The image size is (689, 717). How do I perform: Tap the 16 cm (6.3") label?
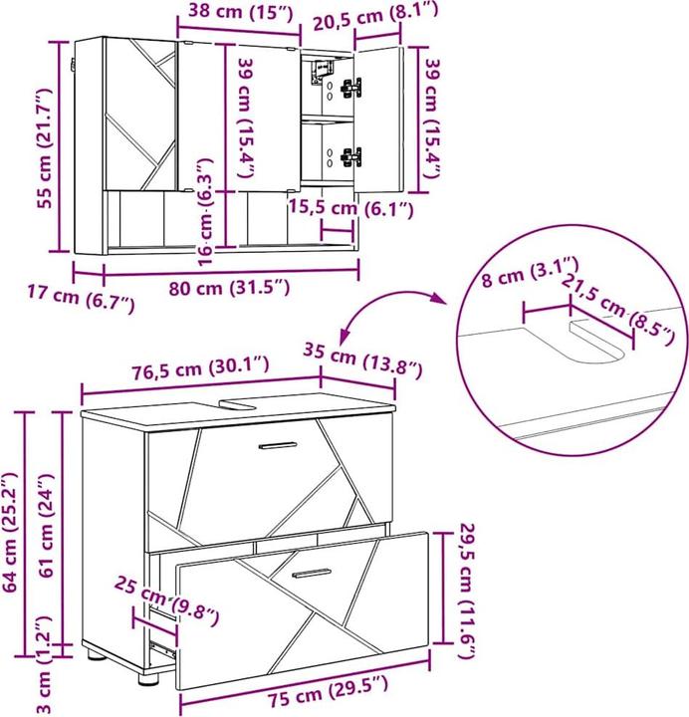click(x=206, y=210)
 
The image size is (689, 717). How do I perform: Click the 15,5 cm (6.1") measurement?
click(x=349, y=208)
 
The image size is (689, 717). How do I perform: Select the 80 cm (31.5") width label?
click(x=231, y=288)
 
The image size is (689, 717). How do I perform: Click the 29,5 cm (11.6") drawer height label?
click(x=467, y=590)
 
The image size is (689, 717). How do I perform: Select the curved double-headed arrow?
click(x=390, y=309)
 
